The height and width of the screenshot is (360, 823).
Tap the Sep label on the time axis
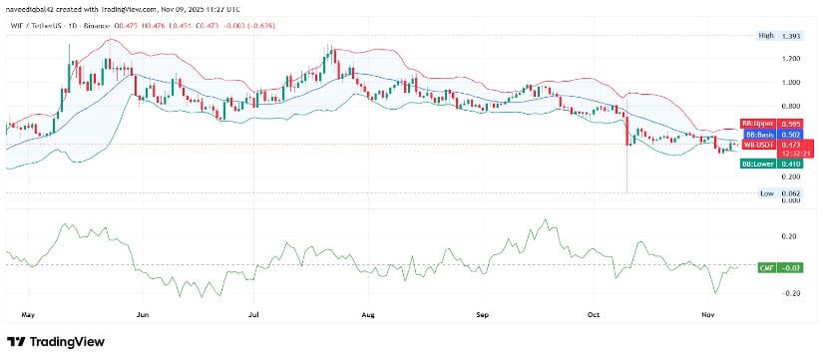pos(484,314)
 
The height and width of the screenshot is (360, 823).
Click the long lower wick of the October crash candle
pos(625,170)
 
